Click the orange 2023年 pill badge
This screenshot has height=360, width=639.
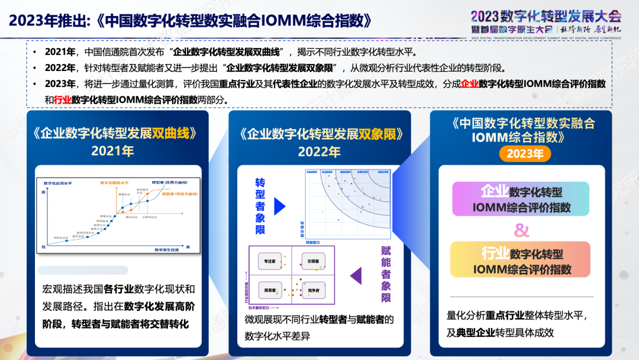525,154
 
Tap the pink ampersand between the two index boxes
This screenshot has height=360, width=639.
521,229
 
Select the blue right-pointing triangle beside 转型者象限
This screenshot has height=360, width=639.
280,206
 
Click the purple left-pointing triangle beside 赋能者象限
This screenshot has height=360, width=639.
356,275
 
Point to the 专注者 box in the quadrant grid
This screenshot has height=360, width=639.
269,261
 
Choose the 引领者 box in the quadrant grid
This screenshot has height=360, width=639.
313,261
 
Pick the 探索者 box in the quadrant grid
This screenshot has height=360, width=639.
269,290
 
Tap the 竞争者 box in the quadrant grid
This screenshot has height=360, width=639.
313,290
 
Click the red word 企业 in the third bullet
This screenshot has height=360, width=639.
470,84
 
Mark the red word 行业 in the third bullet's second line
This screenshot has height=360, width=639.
62,99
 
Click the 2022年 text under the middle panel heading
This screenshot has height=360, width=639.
319,152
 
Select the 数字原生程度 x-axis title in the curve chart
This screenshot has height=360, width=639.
168,250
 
